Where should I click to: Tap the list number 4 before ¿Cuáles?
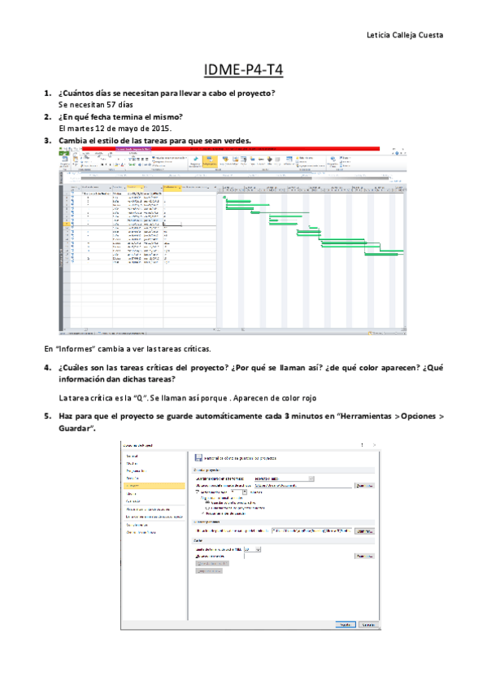pyautogui.click(x=47, y=368)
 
